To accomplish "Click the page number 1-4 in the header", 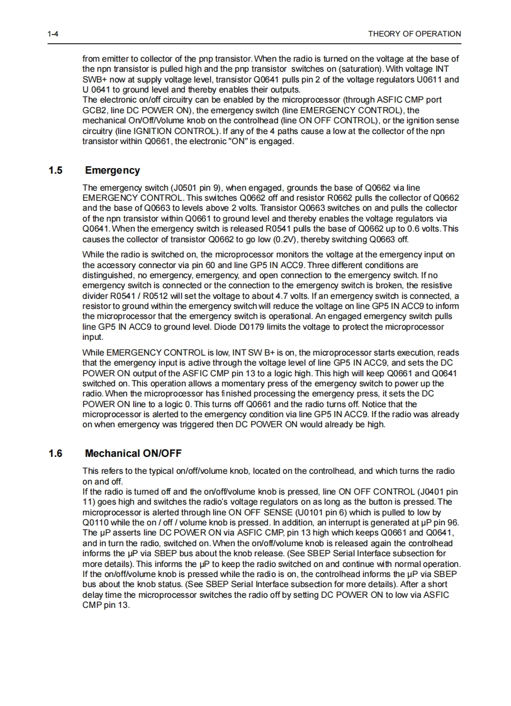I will pyautogui.click(x=53, y=34).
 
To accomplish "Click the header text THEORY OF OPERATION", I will pyautogui.click(x=414, y=34).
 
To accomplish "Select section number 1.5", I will pyautogui.click(x=55, y=171).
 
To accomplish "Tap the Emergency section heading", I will pyautogui.click(x=112, y=171).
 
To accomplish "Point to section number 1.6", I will pyautogui.click(x=55, y=453).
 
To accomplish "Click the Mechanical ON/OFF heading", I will pyautogui.click(x=133, y=453).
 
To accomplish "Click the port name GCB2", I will pyautogui.click(x=95, y=109).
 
